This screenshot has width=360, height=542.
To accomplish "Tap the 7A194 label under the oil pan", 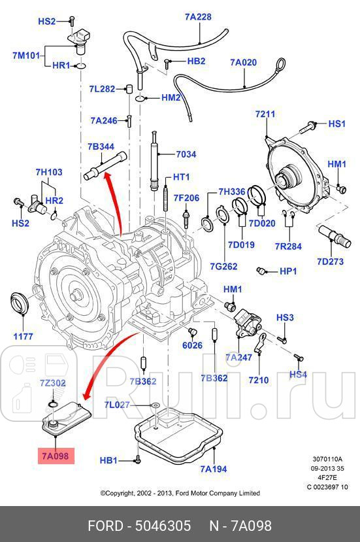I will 214,469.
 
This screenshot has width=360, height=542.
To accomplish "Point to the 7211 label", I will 265,114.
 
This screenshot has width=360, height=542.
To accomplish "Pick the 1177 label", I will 23,338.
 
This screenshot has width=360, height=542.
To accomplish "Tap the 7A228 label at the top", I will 197,17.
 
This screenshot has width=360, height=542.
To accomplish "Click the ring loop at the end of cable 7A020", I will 280,64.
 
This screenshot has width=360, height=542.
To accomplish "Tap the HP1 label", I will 288,271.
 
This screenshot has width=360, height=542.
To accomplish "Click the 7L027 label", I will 117,405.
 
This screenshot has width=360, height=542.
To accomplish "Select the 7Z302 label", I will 53,382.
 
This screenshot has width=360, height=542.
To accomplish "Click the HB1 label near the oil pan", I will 108,460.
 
